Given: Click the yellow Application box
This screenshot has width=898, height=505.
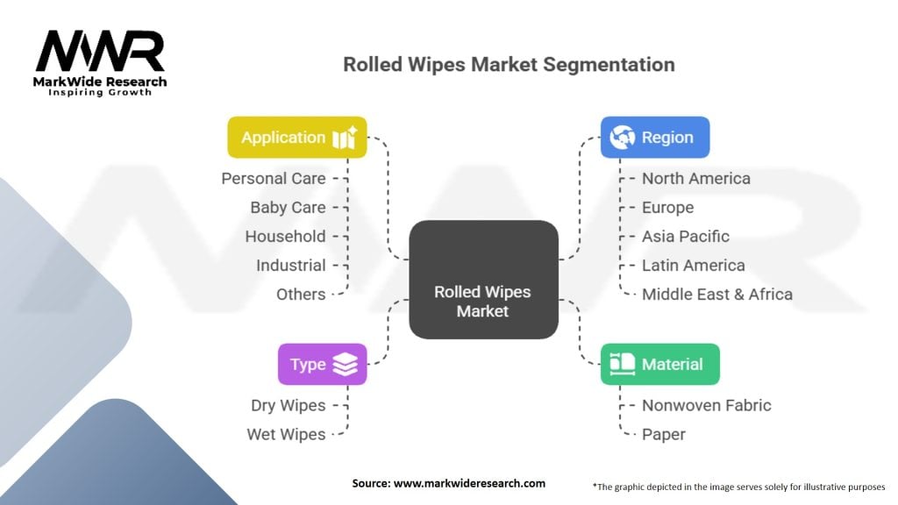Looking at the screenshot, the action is pos(297,138).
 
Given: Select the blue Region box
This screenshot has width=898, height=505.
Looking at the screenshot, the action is pos(655,138).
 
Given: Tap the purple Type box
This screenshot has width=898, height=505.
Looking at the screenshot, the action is pos(323,364).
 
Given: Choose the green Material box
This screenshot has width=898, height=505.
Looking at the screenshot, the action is pos(660,364).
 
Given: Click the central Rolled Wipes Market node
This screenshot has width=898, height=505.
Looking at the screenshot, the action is pos(483,280).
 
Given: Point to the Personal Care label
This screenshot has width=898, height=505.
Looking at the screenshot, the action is pos(274,179).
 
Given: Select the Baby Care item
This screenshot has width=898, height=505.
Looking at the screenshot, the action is pos(288,207).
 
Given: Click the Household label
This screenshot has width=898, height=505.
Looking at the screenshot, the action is pos(285,237).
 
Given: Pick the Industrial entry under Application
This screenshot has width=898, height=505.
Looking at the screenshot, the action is pos(291,265).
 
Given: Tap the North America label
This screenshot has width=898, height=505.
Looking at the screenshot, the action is pos(695,179).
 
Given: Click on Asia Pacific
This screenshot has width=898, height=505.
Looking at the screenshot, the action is pos(686,237).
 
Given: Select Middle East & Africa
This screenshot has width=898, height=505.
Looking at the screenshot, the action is pos(717,295).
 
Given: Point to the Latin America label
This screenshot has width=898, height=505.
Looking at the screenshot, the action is pos(693,265).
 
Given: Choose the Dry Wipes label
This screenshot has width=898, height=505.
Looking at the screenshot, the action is pos(288,405).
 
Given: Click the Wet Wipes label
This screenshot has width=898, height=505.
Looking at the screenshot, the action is pos(287,435).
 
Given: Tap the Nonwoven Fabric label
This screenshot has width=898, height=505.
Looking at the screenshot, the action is pos(706,405).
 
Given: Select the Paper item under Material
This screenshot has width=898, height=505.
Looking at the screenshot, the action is pos(664,435).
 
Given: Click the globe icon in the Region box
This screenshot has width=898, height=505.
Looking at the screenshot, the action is pos(622,138).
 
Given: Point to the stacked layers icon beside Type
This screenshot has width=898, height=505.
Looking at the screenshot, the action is pos(346,364).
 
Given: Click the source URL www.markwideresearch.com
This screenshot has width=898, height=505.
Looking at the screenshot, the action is pos(469,483).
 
